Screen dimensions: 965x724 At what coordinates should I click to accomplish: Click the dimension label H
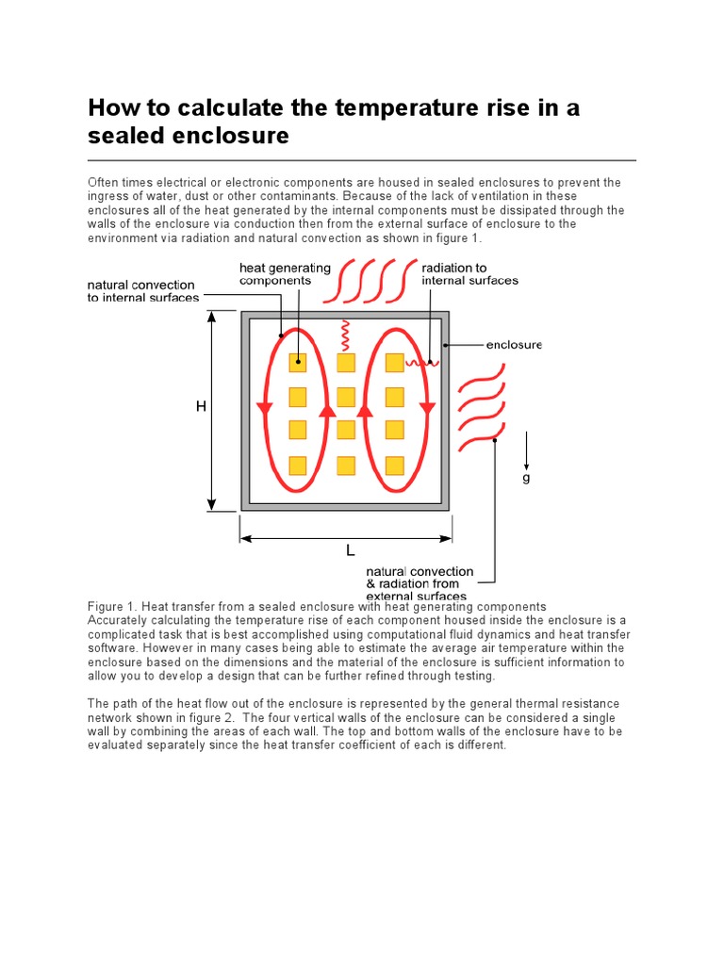201,406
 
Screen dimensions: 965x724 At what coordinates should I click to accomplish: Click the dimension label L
350,550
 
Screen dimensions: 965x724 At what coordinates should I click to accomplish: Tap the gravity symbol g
526,478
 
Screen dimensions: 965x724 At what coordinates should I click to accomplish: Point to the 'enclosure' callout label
514,345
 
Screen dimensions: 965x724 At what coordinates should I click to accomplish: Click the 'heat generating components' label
285,274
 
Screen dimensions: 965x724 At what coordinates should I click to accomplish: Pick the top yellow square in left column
298,363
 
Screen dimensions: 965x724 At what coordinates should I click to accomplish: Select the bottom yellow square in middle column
346,465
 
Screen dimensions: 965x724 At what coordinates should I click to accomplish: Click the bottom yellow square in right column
394,465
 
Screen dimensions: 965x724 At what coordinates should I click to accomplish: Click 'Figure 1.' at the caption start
113,607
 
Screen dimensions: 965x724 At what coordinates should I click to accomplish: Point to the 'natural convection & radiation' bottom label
420,583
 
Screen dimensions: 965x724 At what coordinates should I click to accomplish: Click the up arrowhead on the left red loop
327,410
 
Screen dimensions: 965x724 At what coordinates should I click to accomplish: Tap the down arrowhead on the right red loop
427,408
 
